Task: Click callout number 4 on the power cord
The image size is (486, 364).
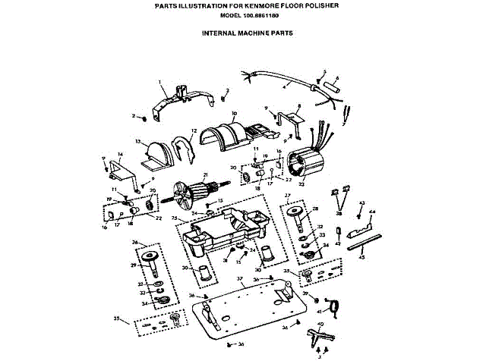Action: (285, 88)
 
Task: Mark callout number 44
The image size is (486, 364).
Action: (371, 213)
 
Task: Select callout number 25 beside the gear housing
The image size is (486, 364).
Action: (174, 218)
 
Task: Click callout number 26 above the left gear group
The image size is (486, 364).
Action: (134, 243)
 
